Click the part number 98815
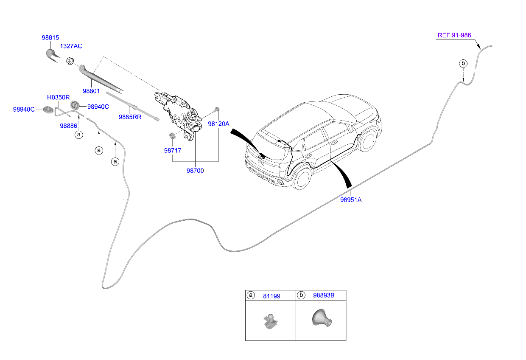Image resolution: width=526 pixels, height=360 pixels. point(50,37)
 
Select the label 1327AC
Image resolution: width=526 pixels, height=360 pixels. point(71,46)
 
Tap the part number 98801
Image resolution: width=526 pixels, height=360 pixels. point(91,91)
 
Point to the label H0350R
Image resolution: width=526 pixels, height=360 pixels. point(58,97)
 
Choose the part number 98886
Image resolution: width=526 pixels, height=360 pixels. point(68,126)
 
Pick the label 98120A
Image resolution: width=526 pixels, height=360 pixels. point(218,124)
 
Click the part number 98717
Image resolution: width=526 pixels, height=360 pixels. point(173,150)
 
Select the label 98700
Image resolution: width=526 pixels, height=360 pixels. point(195,171)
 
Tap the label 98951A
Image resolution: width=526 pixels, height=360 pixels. point(351,200)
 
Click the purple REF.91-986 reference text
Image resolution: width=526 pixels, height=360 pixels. point(454,35)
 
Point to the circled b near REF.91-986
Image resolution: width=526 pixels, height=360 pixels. point(463,64)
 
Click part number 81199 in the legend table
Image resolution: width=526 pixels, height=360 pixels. point(271,296)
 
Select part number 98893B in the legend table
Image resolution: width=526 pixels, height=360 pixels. point(324,295)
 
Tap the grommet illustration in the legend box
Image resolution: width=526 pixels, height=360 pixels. point(321,318)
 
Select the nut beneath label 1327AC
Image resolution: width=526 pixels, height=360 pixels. point(70,62)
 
